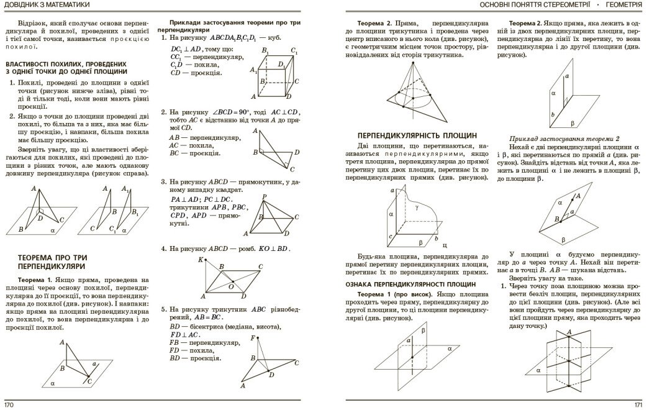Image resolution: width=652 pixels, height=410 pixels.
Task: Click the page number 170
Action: pyautogui.click(x=9, y=404)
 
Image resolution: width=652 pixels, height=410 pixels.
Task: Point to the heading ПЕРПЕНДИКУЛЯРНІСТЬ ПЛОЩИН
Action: pyautogui.click(x=417, y=135)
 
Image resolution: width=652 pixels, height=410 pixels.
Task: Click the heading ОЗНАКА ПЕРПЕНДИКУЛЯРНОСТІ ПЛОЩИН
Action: pyautogui.click(x=410, y=284)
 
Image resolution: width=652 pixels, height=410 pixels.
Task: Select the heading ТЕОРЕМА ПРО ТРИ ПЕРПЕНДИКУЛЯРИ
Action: pyautogui.click(x=53, y=261)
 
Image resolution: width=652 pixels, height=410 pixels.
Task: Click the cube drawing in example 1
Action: pyautogui.click(x=273, y=73)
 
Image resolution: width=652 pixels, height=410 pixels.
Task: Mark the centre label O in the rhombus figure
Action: pyautogui.click(x=231, y=286)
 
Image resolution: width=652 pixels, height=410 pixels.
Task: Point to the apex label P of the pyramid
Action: pyautogui.click(x=265, y=197)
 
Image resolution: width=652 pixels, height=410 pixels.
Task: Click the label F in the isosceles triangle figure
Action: pyautogui.click(x=254, y=338)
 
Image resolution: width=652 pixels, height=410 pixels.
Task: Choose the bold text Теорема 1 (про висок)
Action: pyautogui.click(x=396, y=294)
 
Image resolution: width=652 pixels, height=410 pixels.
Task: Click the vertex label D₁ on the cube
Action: pyautogui.click(x=281, y=64)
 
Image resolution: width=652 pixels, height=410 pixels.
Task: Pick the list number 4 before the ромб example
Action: pyautogui.click(x=163, y=248)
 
